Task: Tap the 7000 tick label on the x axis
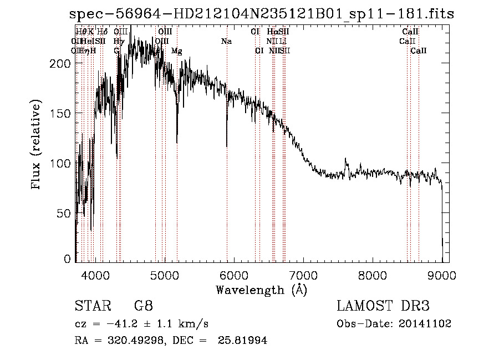click(x=303, y=273)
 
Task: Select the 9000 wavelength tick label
click(x=442, y=273)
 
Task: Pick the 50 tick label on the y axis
click(x=64, y=213)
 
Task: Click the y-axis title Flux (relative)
click(x=37, y=146)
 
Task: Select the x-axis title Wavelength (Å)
click(x=261, y=290)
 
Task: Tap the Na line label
click(x=226, y=42)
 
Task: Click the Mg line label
click(x=176, y=51)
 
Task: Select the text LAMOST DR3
click(x=383, y=306)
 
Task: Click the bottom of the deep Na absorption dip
click(x=227, y=146)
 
